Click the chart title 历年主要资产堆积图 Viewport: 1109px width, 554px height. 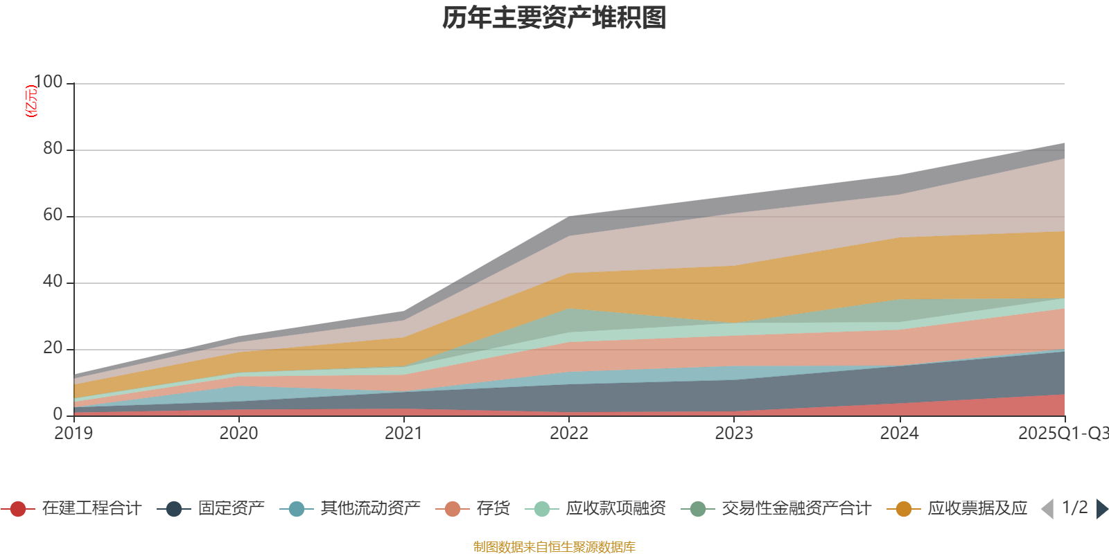(554, 18)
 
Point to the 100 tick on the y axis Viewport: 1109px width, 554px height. (48, 82)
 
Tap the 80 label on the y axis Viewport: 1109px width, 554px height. (53, 149)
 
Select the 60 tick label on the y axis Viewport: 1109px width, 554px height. (53, 215)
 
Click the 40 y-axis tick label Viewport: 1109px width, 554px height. (53, 282)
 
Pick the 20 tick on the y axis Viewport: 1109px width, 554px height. (53, 348)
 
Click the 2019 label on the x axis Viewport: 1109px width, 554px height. (73, 434)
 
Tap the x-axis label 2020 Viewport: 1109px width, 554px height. (238, 434)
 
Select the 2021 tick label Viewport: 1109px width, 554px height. (403, 434)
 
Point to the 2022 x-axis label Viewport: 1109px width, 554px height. (568, 434)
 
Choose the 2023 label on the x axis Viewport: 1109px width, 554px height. (734, 434)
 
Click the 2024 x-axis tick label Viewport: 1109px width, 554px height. (899, 434)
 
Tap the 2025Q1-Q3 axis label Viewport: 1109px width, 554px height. (1063, 434)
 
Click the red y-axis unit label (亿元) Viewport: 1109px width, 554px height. (30, 101)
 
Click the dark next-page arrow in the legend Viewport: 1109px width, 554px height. (1101, 509)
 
